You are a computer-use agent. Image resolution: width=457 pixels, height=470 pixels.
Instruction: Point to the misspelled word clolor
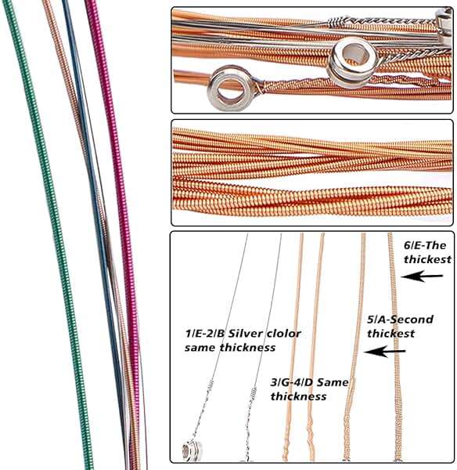283,334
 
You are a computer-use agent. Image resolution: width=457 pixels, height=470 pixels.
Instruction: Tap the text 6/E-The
425,245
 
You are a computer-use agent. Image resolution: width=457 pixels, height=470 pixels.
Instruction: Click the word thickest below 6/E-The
427,259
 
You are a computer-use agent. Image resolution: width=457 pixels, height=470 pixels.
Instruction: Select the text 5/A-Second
400,320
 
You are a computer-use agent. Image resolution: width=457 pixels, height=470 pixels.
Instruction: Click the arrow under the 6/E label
422,276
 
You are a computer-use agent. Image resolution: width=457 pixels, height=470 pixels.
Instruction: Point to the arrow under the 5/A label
384,351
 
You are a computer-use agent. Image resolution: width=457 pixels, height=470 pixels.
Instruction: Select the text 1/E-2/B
205,334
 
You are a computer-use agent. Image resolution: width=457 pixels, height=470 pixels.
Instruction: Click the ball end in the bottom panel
192,450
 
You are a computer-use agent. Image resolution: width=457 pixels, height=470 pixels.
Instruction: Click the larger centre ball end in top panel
352,63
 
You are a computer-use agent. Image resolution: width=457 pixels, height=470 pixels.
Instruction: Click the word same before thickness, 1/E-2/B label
200,348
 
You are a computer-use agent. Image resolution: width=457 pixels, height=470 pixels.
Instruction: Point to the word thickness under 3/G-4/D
298,396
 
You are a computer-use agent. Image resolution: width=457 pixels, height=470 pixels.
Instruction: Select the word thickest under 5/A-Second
390,334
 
